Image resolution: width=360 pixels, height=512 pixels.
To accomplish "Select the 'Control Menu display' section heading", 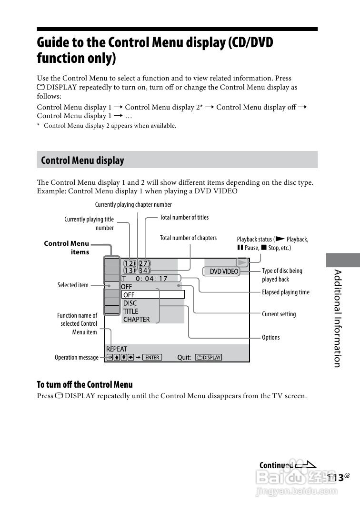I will (82, 161).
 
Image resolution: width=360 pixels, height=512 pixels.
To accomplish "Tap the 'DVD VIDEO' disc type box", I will (224, 271).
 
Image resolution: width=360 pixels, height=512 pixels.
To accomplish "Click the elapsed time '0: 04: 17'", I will (151, 279).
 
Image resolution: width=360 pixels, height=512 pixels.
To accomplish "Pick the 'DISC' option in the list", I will (130, 303).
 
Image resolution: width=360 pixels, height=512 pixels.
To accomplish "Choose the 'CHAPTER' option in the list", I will (136, 320).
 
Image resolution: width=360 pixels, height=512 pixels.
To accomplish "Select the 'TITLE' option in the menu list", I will (130, 311).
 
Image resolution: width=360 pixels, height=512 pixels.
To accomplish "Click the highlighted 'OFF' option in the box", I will (129, 295).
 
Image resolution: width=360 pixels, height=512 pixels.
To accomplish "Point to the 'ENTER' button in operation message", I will (152, 357).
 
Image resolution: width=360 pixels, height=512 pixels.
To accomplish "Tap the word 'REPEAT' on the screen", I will (117, 349).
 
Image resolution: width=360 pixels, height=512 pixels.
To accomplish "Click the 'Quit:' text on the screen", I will (184, 358).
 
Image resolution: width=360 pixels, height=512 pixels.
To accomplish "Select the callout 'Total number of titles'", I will (184, 218).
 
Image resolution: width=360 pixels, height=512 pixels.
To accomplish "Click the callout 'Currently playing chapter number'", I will (133, 205).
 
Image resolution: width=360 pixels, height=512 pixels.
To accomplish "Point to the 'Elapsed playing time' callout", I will (285, 292).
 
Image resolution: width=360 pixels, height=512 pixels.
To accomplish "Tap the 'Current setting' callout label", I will (279, 314).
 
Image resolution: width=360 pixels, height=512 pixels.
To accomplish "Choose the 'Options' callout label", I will (270, 338).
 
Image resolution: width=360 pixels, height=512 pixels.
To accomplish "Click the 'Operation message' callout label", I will (77, 358).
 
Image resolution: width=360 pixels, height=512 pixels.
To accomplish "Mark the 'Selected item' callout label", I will (73, 285).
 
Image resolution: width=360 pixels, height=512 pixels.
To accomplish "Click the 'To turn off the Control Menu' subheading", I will (85, 384).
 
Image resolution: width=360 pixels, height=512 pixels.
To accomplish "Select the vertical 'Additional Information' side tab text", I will (337, 318).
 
